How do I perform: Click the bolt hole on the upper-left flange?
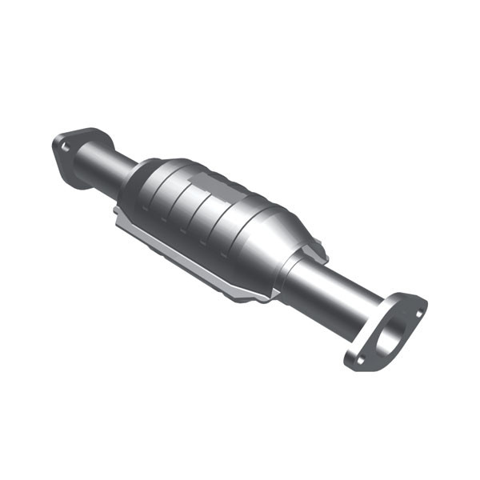pyautogui.click(x=65, y=146)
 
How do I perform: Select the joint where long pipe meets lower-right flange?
pyautogui.click(x=365, y=316)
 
